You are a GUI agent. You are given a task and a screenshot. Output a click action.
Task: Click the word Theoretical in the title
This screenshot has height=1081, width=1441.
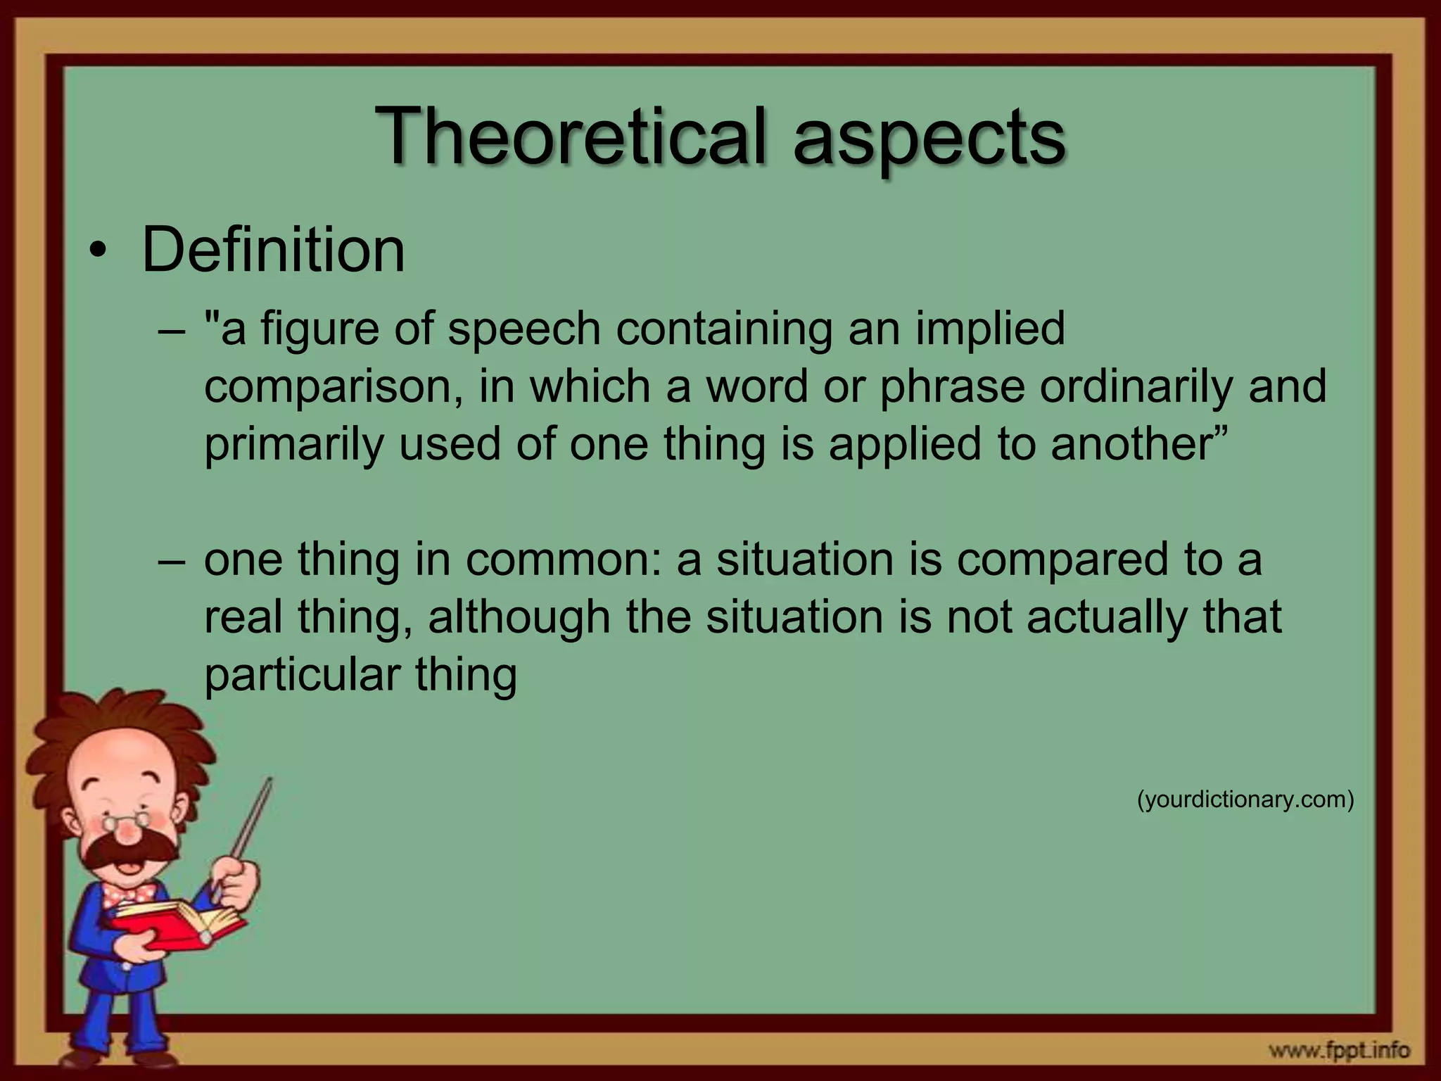point(570,135)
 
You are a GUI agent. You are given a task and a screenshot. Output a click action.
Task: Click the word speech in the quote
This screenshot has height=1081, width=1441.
point(524,329)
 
